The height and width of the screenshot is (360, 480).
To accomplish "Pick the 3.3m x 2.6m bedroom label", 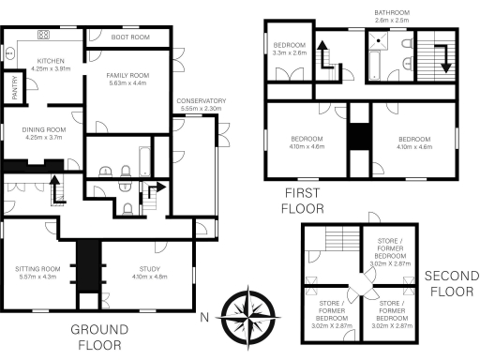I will (x=289, y=50).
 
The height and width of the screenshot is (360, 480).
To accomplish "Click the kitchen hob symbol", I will (x=43, y=35).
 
